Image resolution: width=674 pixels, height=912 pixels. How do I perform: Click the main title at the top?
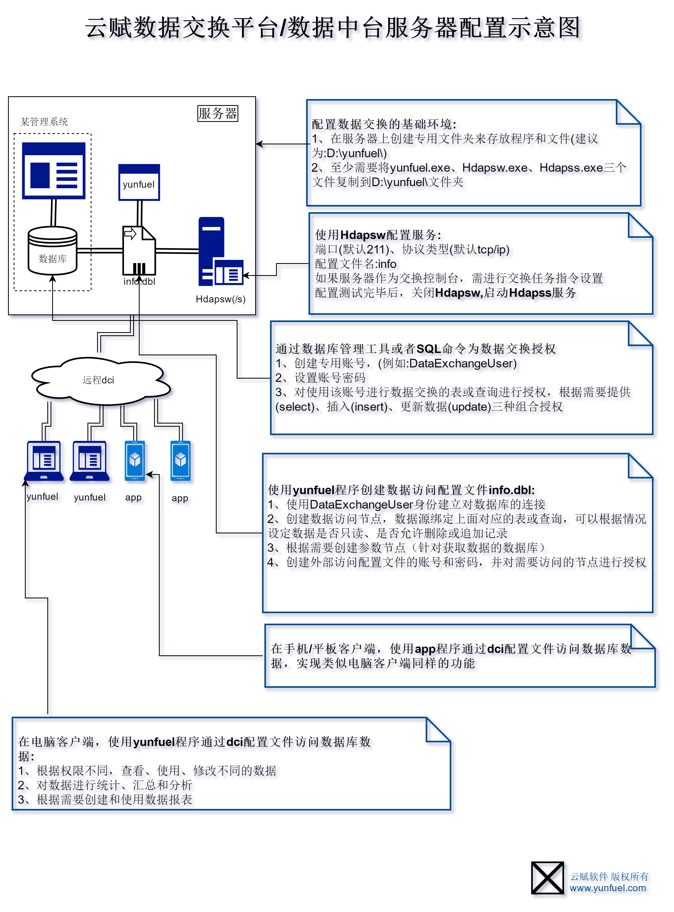[332, 28]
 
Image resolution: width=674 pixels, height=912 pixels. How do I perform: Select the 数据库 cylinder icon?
[52, 251]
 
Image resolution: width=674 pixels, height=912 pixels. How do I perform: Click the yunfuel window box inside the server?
[139, 183]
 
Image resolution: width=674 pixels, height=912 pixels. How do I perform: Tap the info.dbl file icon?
[139, 251]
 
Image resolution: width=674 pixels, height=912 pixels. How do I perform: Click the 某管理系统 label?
[44, 122]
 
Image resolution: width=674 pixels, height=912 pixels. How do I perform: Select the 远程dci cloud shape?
[100, 380]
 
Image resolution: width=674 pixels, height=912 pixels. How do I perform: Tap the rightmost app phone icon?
[180, 461]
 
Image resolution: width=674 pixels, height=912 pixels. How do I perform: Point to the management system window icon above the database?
[53, 171]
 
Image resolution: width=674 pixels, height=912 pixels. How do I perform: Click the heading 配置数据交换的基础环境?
[384, 124]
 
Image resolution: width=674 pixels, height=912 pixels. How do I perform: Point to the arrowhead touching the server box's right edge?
[259, 144]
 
